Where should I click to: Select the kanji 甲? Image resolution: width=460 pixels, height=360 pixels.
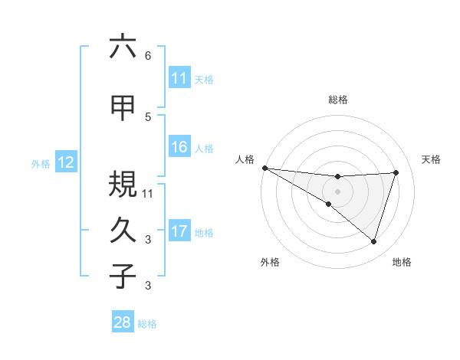pos(123,107)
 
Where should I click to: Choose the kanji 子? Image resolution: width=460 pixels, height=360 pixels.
pos(123,276)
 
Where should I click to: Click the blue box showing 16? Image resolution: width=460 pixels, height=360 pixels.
pos(179,147)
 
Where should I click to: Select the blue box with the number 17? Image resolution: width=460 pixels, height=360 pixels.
pos(179,231)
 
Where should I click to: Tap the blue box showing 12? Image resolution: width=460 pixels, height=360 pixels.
pos(65,162)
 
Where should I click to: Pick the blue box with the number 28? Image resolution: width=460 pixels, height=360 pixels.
pos(123,322)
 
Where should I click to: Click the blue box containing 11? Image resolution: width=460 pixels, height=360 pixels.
pos(179,78)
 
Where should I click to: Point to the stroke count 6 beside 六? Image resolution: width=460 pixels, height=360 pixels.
pos(148,56)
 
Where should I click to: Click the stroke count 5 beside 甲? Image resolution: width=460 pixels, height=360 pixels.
pos(148,117)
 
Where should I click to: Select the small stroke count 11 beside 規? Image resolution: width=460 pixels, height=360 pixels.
pos(149,193)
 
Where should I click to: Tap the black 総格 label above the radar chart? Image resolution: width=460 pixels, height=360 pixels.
pos(338,100)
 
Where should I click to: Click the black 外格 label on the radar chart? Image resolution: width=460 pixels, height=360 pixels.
pos(270,262)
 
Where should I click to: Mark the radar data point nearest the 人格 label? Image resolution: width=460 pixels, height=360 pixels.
pos(264,167)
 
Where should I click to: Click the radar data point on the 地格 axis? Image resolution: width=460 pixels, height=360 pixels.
pos(373,241)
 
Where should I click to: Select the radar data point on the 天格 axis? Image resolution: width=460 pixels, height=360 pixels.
pos(396,172)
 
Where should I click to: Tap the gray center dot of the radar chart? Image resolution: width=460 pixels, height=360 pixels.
pos(337,190)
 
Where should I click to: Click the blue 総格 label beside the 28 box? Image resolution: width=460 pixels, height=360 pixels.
pos(147,324)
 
